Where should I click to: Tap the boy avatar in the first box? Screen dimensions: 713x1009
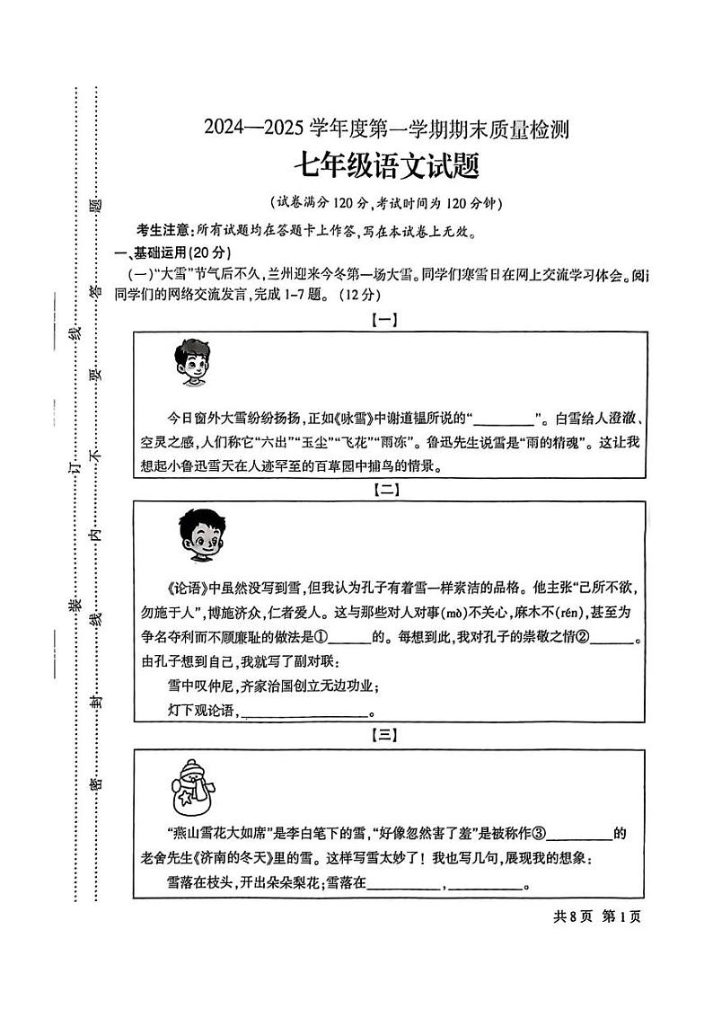[x=191, y=362]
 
